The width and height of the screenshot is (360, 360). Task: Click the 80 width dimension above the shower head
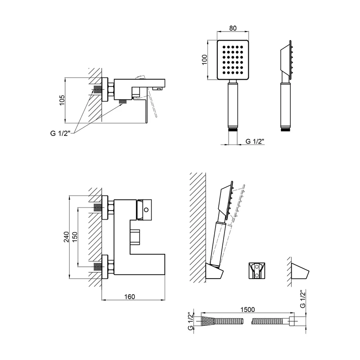point(233,28)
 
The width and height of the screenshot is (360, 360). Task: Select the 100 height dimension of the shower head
point(205,60)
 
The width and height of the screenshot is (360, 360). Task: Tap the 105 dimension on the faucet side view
point(62,100)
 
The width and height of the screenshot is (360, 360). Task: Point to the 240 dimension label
point(66,237)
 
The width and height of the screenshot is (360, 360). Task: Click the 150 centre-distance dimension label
point(75,237)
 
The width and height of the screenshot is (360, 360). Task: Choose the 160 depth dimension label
point(130,297)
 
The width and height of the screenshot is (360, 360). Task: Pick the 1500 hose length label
point(247,310)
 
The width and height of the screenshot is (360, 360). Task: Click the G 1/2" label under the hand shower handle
point(255,141)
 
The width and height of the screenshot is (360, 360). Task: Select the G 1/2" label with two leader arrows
point(60,133)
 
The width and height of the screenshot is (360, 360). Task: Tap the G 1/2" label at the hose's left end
point(190,321)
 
